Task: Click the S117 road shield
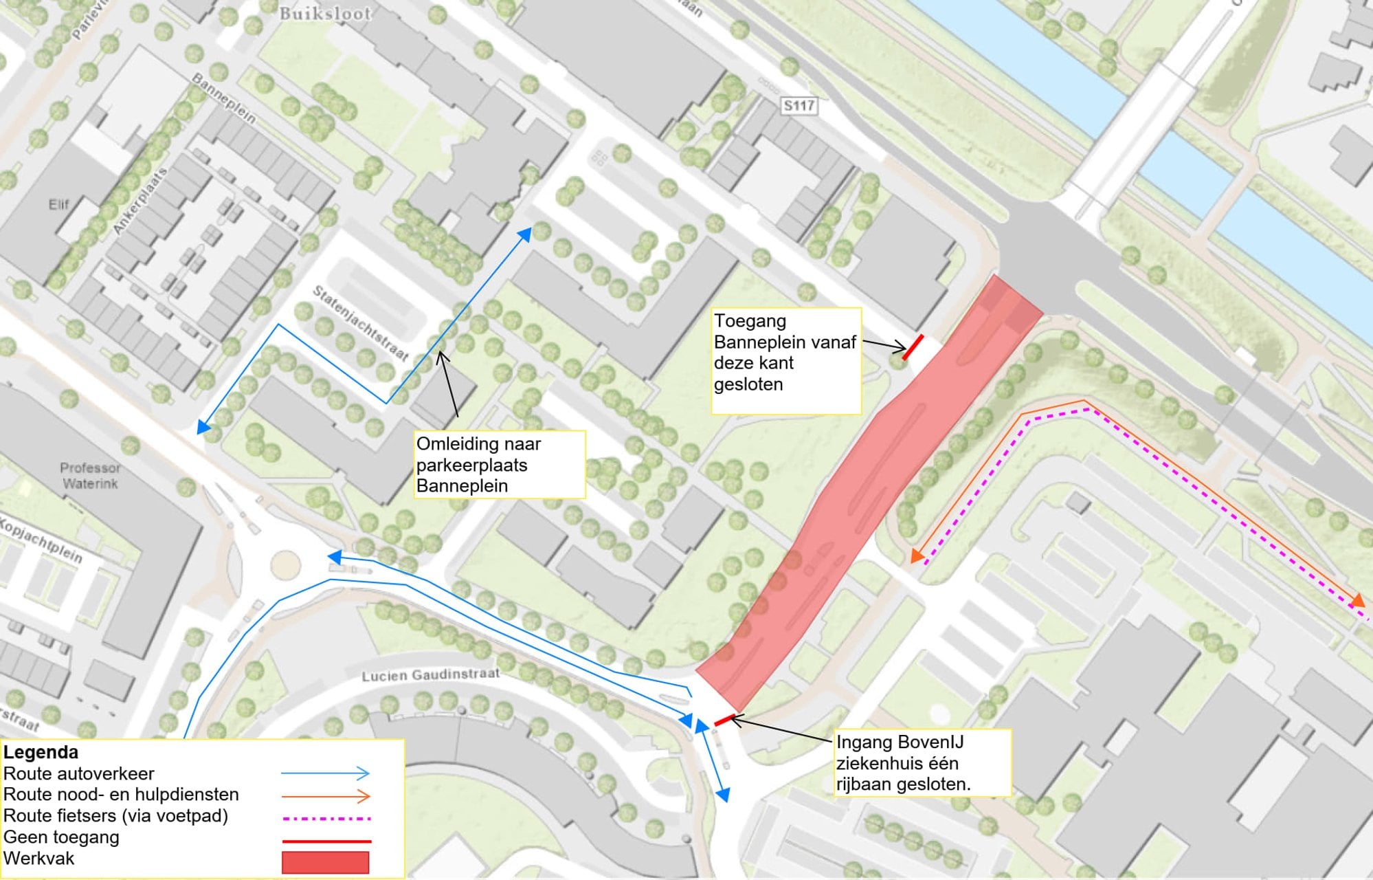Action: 799,106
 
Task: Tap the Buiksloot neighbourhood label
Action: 325,14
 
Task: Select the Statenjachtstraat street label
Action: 361,323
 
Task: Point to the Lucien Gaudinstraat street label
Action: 430,675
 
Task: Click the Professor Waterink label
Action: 90,476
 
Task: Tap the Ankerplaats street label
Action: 141,201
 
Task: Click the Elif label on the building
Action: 58,204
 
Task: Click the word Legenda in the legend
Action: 41,752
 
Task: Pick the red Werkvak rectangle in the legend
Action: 325,862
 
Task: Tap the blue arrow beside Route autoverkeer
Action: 325,773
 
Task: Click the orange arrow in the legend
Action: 325,797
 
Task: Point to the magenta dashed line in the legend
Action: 325,819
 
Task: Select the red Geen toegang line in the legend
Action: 325,841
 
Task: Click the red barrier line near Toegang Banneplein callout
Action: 913,347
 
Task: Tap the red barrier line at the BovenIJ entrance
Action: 724,720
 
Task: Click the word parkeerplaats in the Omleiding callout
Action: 471,465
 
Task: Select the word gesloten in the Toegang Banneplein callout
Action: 748,384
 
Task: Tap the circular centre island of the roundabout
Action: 286,565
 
